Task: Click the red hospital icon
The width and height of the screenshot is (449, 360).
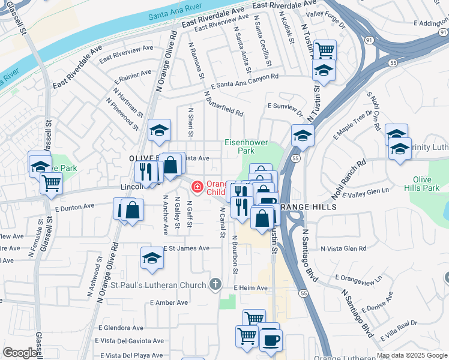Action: coord(196,188)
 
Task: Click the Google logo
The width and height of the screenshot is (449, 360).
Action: coord(20,353)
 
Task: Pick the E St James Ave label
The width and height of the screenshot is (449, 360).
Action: coord(187,248)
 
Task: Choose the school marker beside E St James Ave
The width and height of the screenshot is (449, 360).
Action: coord(152,258)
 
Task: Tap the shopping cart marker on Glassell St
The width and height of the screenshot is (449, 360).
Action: coord(52,182)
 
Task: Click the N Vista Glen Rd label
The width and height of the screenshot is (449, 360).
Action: coord(343,248)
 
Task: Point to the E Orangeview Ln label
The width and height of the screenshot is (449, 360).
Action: coord(358,278)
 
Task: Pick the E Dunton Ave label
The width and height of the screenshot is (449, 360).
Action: coord(74,206)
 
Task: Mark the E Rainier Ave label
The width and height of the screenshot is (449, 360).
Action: coord(134,76)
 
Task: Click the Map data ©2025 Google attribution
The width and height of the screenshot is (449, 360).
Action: coord(412,355)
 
